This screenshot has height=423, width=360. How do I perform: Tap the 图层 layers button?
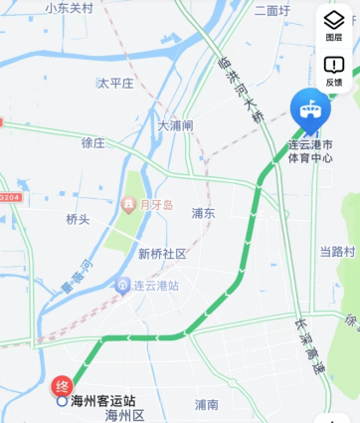[334, 25]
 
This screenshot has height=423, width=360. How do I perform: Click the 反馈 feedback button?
[334, 71]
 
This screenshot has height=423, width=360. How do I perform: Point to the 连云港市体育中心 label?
[311, 151]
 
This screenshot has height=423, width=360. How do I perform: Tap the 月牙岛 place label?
[155, 205]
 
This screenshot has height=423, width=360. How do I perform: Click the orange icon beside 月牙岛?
[128, 205]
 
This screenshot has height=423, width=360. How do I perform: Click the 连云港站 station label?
[156, 285]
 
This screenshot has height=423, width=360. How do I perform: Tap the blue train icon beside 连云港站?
[122, 285]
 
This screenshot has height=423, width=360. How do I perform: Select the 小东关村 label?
[70, 8]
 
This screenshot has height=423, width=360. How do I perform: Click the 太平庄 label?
[114, 84]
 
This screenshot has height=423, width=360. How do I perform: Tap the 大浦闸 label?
[175, 125]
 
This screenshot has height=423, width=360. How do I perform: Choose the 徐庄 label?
[92, 142]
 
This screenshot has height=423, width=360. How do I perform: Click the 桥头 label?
[78, 219]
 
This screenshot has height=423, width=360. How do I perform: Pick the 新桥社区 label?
[162, 254]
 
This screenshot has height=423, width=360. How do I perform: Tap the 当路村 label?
[337, 251]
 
